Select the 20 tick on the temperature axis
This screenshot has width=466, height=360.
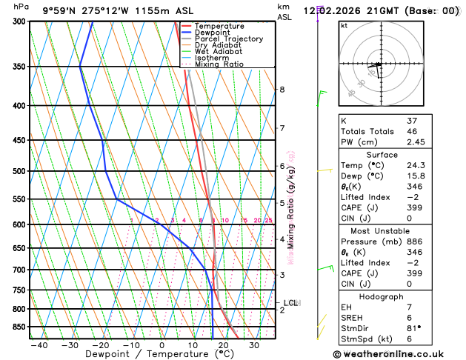tap(223, 345)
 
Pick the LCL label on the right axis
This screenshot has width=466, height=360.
tap(290, 303)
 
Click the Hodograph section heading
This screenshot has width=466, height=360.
tap(382, 296)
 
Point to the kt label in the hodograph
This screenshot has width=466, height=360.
tap(344, 25)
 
